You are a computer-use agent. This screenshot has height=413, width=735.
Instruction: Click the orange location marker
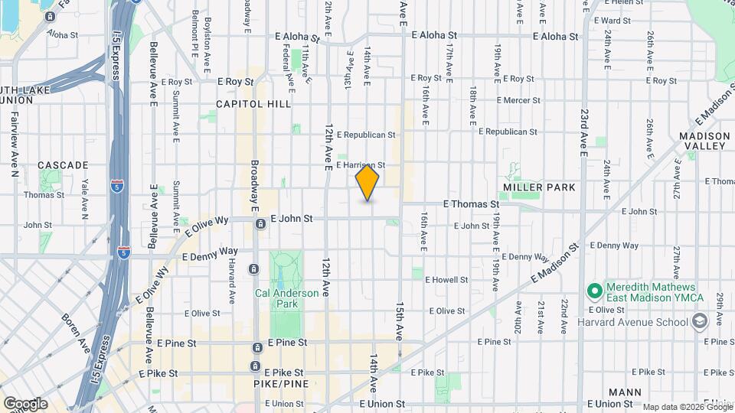point(367,181)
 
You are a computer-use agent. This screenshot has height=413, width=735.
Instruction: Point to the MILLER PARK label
point(538,187)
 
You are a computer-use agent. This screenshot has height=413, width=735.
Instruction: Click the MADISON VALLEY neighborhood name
point(704,141)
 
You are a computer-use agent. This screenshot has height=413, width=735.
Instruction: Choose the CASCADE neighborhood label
point(63,165)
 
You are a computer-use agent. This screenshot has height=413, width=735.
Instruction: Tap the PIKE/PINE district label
point(281,382)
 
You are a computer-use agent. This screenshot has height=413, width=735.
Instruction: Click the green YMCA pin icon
point(593,291)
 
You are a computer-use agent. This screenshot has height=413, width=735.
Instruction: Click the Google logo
point(25,404)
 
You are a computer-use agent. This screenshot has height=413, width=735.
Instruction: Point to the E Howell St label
point(446,280)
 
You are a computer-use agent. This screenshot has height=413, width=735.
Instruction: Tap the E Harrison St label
point(360,164)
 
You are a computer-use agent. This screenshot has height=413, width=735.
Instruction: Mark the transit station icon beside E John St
point(261,223)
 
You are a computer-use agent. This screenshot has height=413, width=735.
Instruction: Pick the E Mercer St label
point(518,100)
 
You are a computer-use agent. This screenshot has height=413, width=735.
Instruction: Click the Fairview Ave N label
point(14,145)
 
